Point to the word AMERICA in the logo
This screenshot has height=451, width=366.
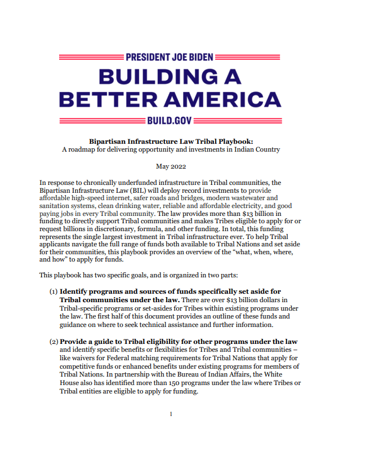pyautogui.click(x=226, y=100)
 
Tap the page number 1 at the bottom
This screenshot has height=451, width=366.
pyautogui.click(x=171, y=414)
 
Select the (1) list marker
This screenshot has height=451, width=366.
pyautogui.click(x=53, y=291)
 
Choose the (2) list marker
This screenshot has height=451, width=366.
pyautogui.click(x=53, y=341)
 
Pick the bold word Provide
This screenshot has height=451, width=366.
pyautogui.click(x=75, y=341)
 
